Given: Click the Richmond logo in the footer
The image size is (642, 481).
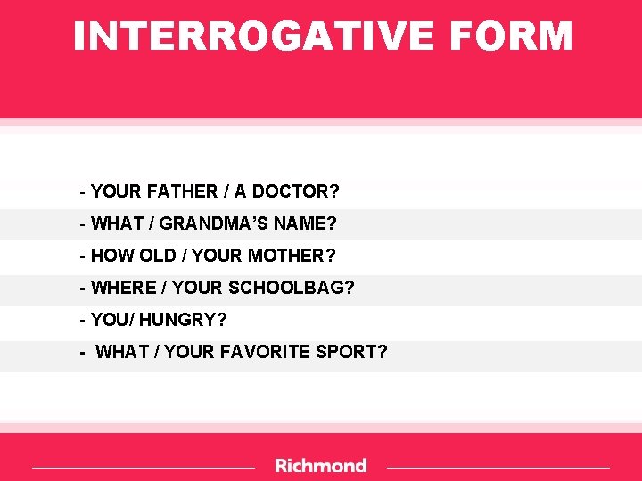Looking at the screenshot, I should click(321, 465).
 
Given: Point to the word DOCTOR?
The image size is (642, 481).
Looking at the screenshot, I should click(300, 192).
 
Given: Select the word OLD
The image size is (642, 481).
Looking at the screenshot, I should click(158, 256).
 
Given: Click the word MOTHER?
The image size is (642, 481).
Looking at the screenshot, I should click(292, 256).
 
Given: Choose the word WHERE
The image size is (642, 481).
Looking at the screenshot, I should click(123, 288).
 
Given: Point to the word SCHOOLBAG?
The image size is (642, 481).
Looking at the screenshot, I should click(292, 288).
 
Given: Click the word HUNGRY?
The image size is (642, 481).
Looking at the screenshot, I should click(184, 320).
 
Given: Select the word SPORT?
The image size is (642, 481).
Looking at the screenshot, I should click(351, 352).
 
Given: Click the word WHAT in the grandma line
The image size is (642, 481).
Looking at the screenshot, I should click(116, 224).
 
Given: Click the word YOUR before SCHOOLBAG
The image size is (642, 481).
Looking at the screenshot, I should click(198, 288).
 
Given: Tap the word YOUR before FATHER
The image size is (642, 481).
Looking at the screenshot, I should click(115, 192).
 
